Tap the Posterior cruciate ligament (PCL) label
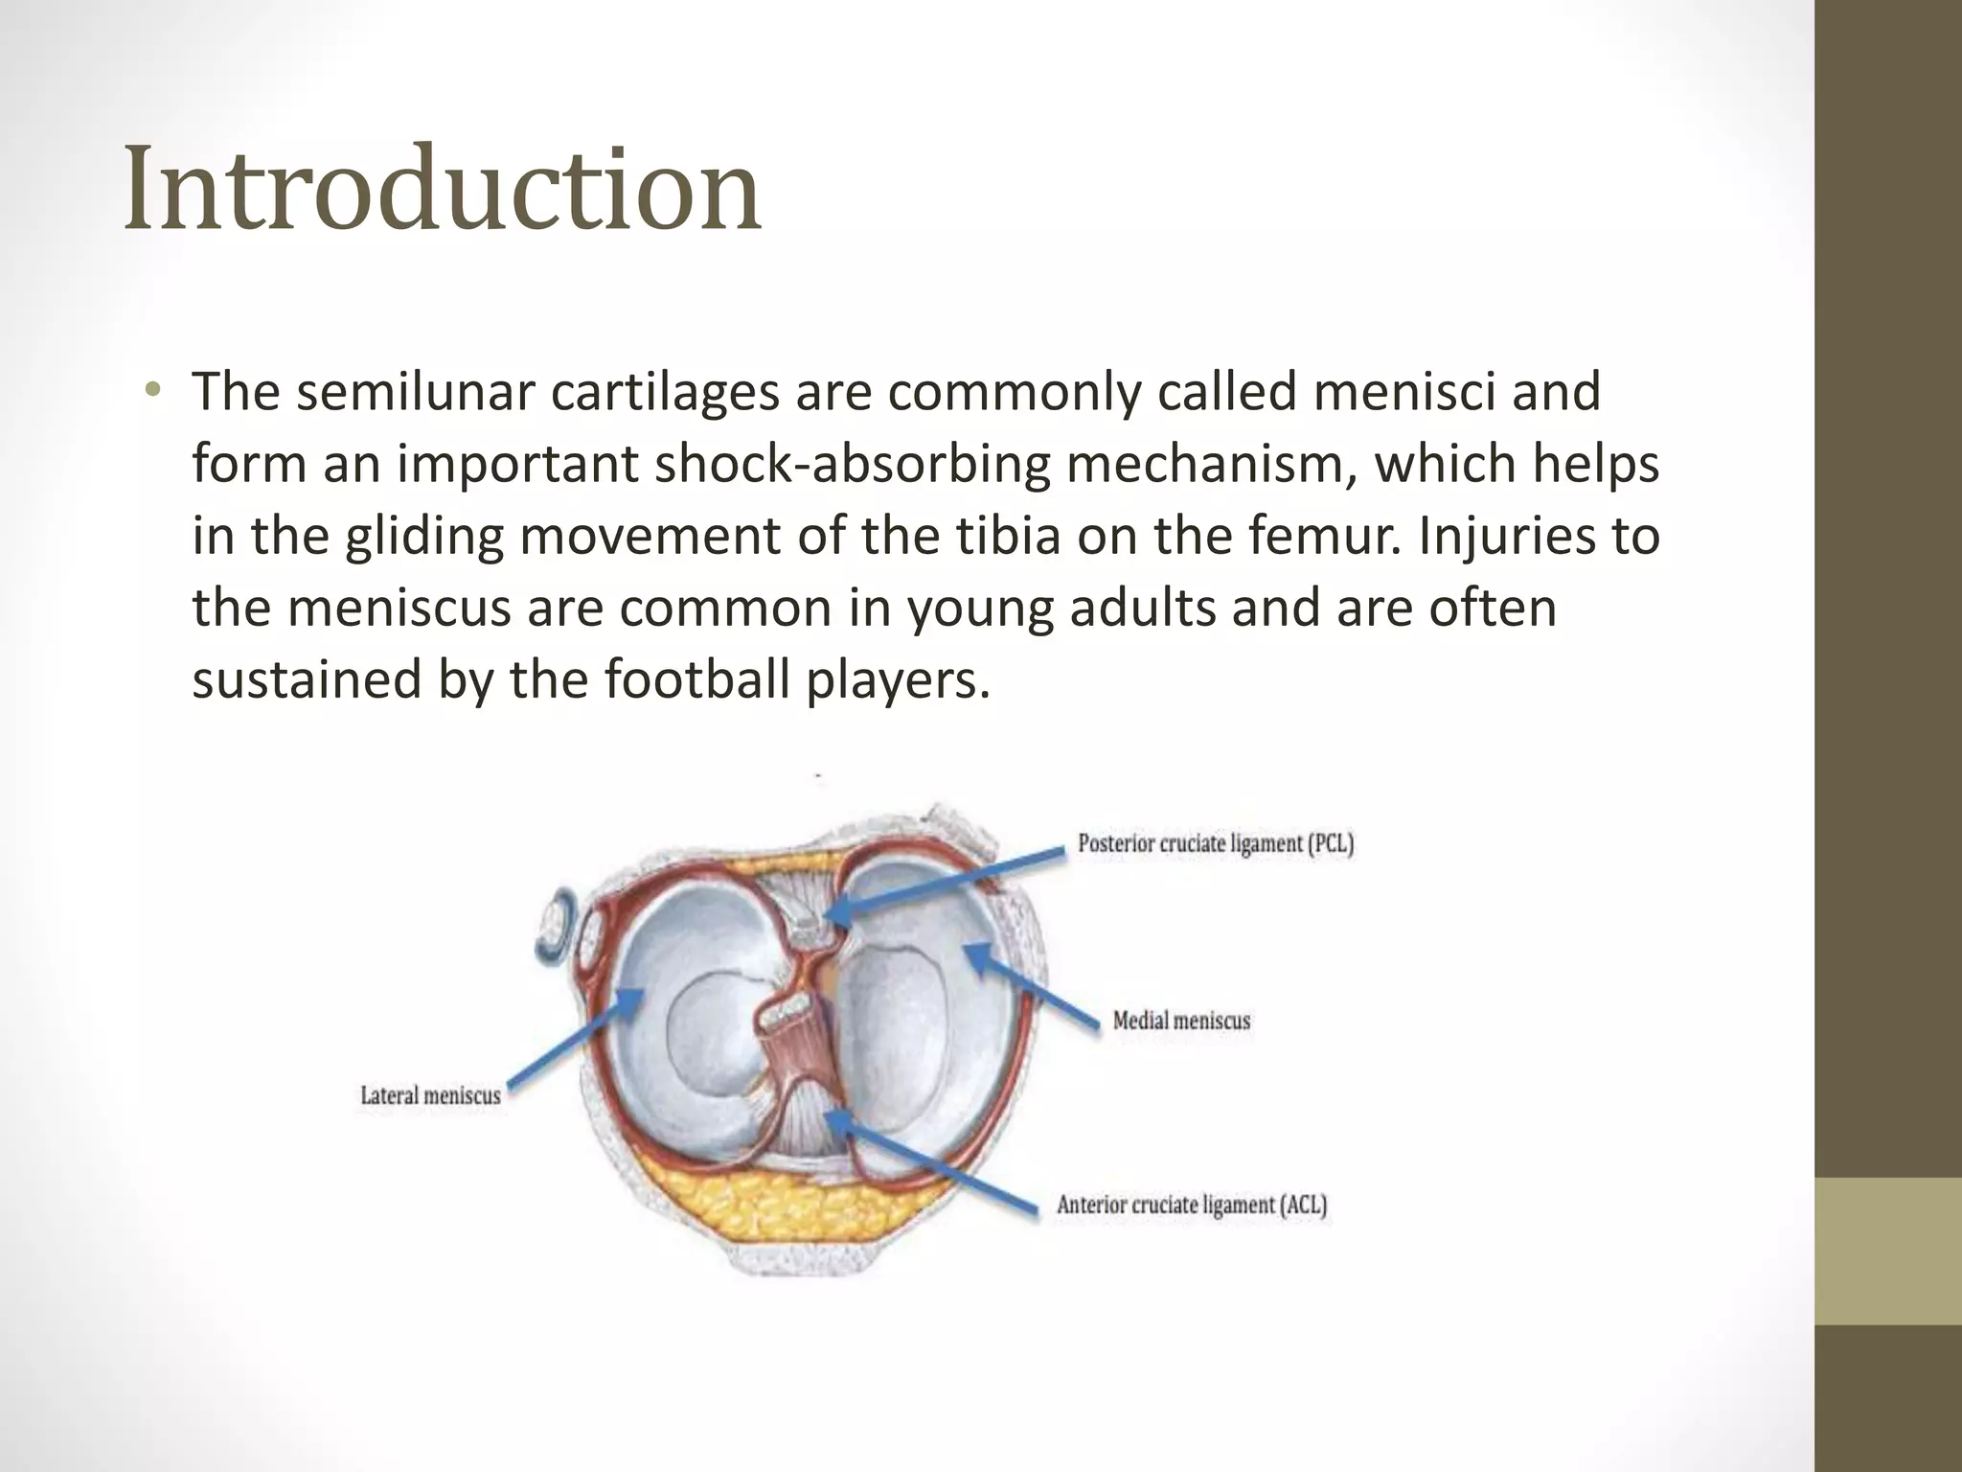point(1215,844)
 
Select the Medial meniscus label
point(1181,1021)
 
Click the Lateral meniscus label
point(430,1095)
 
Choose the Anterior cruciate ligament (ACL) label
point(1192,1205)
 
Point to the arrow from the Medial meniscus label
point(1030,987)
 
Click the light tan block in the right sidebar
point(1888,1251)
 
